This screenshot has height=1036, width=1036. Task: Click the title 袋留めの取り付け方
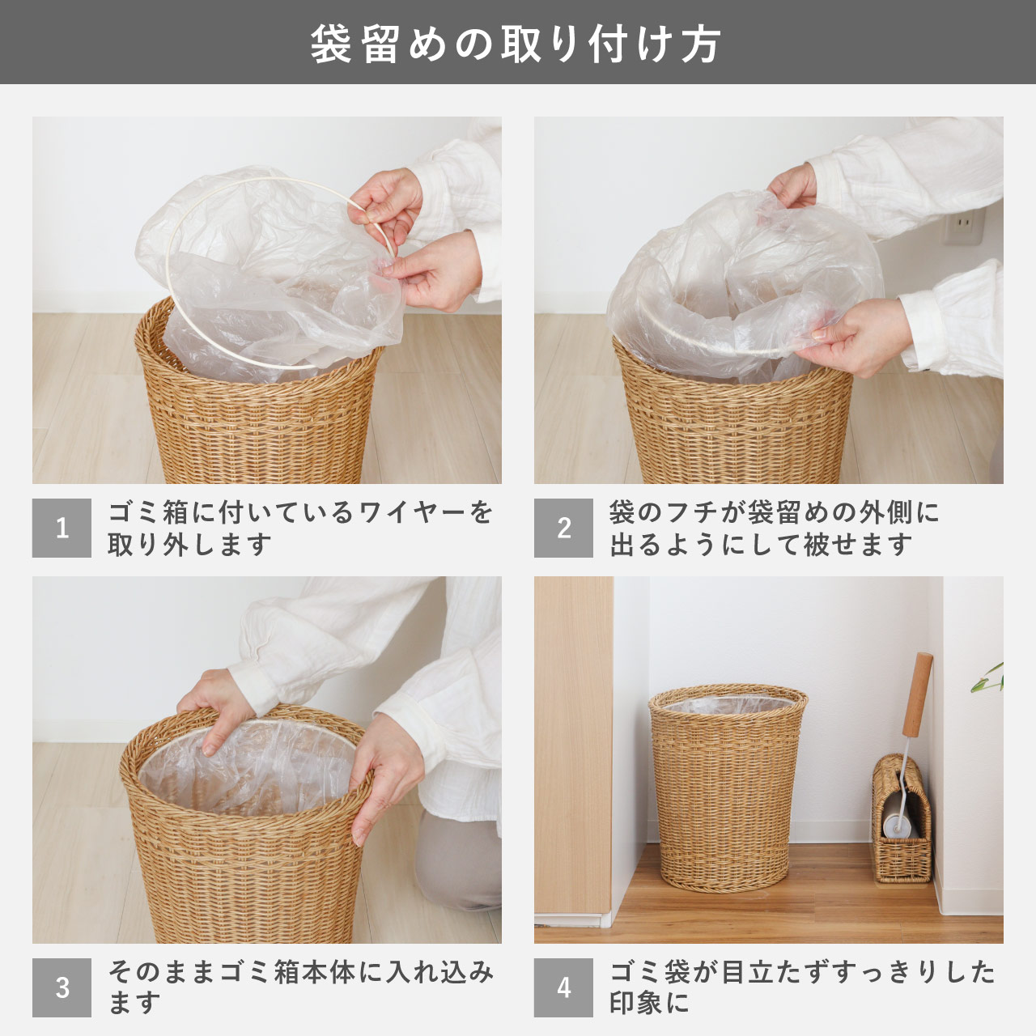[x=516, y=44]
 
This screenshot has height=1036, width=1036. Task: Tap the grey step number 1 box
[x=62, y=528]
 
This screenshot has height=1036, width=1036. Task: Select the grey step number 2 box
[x=563, y=528]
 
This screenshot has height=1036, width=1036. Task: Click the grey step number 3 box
[x=62, y=987]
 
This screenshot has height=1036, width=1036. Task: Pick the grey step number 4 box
[x=563, y=987]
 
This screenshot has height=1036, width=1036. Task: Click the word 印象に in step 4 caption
[x=649, y=1004]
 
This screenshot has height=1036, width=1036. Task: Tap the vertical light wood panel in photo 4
[x=572, y=745]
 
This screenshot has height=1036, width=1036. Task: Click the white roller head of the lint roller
[x=895, y=822]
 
